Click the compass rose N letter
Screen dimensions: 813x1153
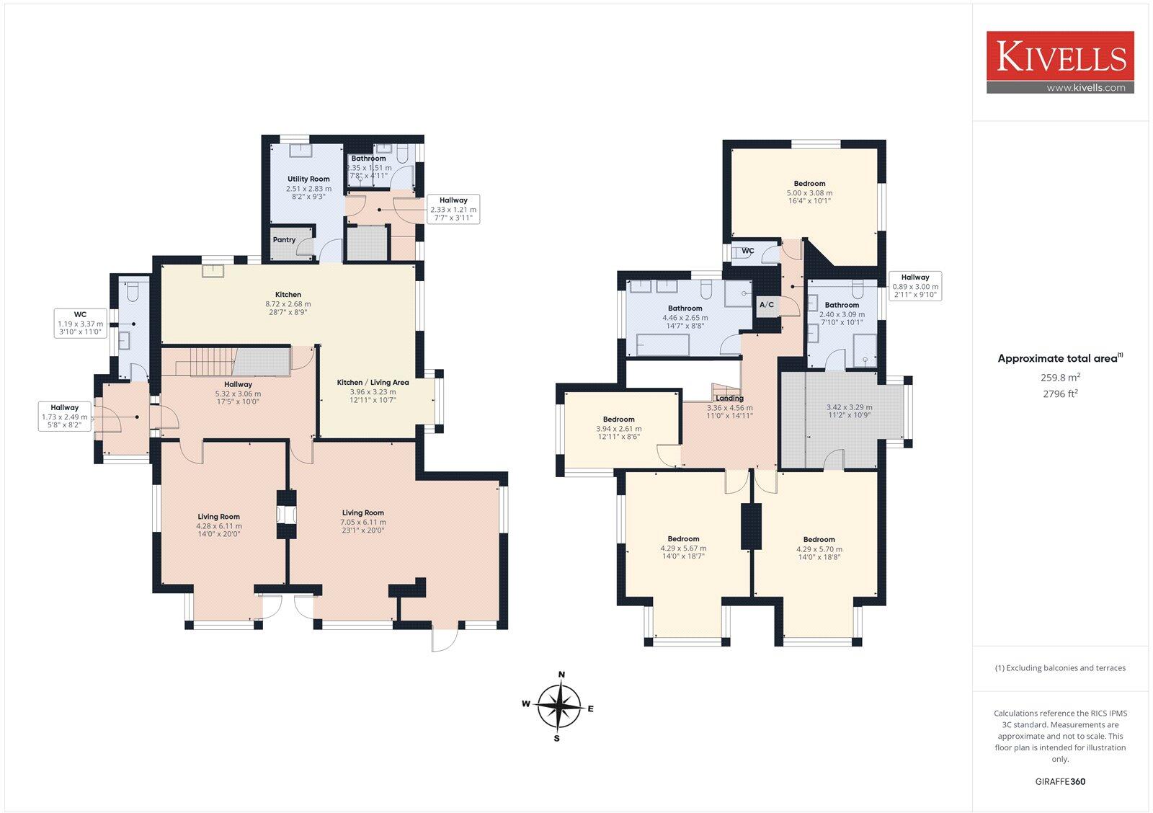561,675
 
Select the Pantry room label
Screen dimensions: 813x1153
284,240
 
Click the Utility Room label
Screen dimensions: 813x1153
308,179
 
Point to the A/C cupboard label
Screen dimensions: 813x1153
766,305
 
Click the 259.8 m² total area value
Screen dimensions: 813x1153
1060,377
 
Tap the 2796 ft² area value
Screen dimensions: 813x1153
1060,394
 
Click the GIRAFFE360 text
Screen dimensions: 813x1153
1060,781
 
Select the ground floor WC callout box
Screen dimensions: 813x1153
80,324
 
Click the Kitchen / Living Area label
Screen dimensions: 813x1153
373,382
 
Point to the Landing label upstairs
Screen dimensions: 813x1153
729,398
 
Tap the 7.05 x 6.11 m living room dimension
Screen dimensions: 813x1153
363,522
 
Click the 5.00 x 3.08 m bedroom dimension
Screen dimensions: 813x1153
809,193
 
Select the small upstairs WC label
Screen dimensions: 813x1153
748,251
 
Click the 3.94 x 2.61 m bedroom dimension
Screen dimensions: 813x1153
618,429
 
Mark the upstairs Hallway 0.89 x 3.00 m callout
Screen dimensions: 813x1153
914,286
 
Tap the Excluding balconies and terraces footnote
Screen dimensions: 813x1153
1060,668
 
